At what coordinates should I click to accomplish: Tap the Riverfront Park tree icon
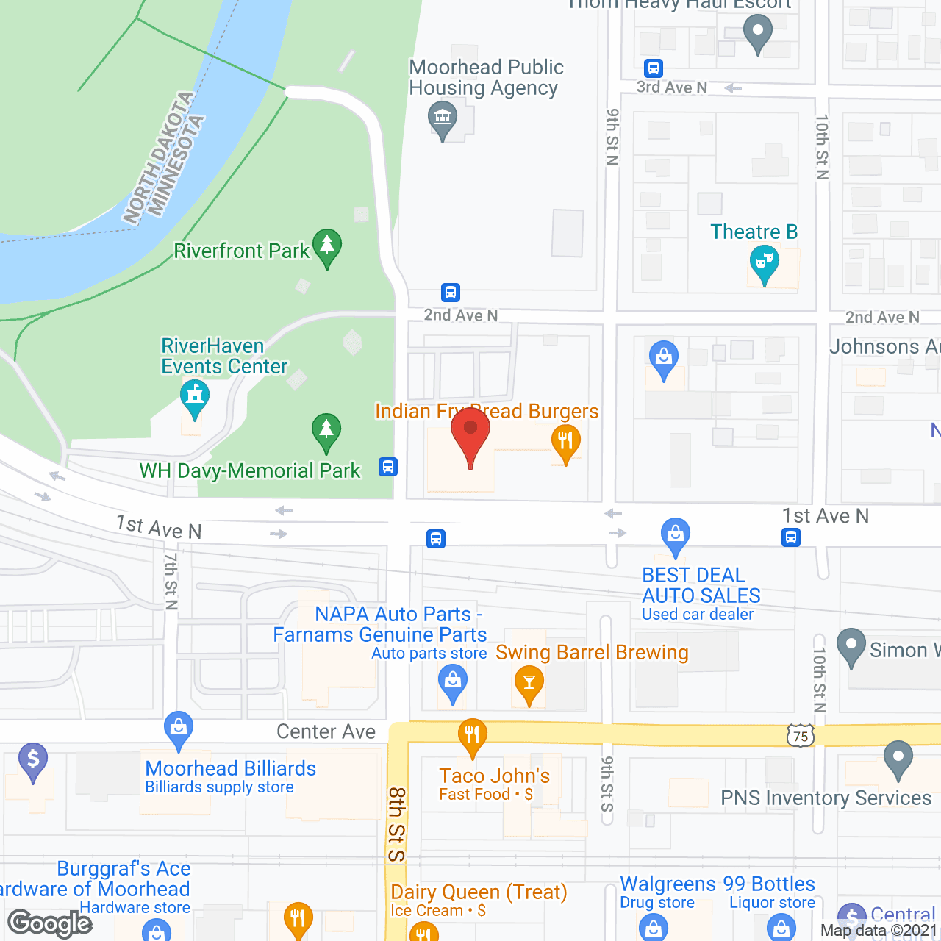pyautogui.click(x=326, y=247)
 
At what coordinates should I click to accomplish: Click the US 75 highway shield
pyautogui.click(x=801, y=736)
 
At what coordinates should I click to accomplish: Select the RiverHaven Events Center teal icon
pyautogui.click(x=195, y=398)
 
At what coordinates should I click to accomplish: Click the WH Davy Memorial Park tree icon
pyautogui.click(x=326, y=432)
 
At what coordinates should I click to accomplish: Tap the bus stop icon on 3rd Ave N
pyautogui.click(x=653, y=68)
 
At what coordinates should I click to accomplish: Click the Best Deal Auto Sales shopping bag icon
pyautogui.click(x=675, y=535)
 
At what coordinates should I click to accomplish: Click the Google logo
pyautogui.click(x=50, y=923)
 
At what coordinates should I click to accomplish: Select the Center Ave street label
pyautogui.click(x=326, y=731)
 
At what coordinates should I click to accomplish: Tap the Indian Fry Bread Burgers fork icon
pyautogui.click(x=565, y=443)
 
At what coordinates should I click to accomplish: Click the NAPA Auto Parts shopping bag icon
pyautogui.click(x=453, y=682)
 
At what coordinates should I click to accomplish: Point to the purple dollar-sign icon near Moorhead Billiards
pyautogui.click(x=33, y=760)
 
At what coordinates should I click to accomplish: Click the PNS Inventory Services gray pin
pyautogui.click(x=898, y=759)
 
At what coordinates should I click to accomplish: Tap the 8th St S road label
pyautogui.click(x=397, y=824)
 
